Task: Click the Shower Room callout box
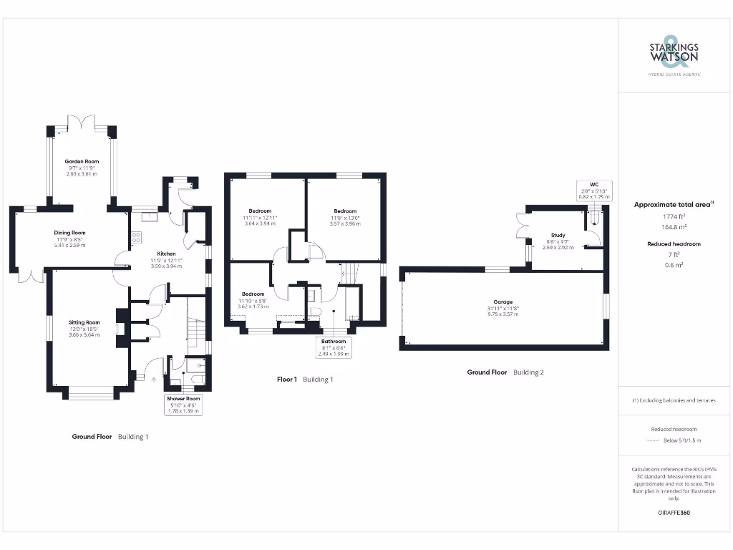click(x=183, y=405)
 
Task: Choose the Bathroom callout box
click(x=334, y=347)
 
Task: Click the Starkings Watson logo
click(x=674, y=54)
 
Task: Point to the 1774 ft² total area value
click(x=674, y=216)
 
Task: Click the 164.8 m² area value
click(x=674, y=227)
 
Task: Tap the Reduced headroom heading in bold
click(x=674, y=244)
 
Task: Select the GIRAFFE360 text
click(x=674, y=513)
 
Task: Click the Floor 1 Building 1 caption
click(x=305, y=379)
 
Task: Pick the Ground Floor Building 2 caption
click(x=505, y=372)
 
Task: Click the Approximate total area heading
click(x=674, y=205)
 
